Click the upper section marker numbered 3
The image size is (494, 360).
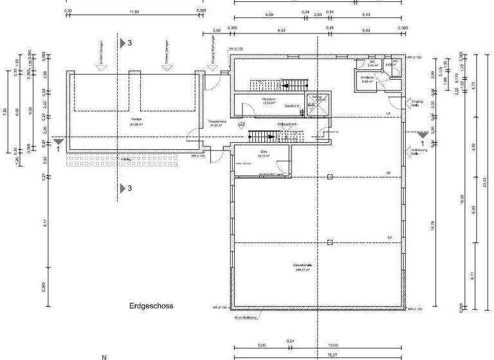(126, 42)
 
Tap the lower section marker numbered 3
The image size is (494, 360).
(126, 188)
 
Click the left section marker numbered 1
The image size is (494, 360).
(58, 141)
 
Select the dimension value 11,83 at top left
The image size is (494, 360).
(134, 12)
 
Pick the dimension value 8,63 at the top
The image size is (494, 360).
(281, 30)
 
